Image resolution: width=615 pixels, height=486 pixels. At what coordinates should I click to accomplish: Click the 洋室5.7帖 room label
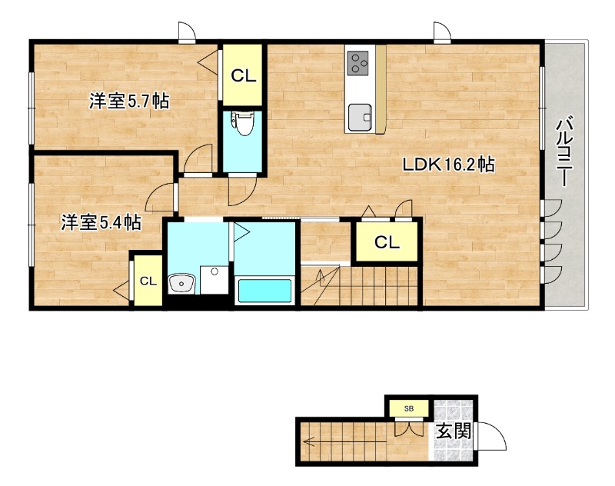pyautogui.click(x=128, y=101)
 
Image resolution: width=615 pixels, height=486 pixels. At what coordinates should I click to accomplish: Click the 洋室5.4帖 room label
pyautogui.click(x=101, y=223)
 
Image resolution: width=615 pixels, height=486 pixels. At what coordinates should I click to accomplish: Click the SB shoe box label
pyautogui.click(x=408, y=408)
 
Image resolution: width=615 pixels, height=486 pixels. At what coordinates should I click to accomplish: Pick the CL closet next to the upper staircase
pyautogui.click(x=387, y=243)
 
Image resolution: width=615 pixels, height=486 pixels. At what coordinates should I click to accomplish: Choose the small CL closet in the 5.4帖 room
pyautogui.click(x=148, y=281)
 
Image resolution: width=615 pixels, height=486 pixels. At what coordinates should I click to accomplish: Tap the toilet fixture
pyautogui.click(x=243, y=123)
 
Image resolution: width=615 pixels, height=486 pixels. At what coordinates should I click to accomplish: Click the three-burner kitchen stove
pyautogui.click(x=359, y=62)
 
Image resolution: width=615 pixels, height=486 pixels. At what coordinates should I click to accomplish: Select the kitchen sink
pyautogui.click(x=359, y=118)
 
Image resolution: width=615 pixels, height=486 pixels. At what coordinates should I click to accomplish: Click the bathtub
pyautogui.click(x=264, y=291)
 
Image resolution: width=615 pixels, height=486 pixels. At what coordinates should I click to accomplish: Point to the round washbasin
pyautogui.click(x=181, y=285)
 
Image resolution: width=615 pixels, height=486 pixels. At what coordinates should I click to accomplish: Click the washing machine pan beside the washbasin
pyautogui.click(x=214, y=281)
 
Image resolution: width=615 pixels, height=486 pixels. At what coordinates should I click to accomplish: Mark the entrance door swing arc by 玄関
pyautogui.click(x=493, y=437)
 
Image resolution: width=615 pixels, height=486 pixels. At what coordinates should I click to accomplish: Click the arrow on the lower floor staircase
pyautogui.click(x=311, y=442)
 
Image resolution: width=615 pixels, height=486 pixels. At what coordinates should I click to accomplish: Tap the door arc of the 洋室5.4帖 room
pyautogui.click(x=162, y=198)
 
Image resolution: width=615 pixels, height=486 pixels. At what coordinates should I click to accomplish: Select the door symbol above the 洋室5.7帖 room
pyautogui.click(x=186, y=32)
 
